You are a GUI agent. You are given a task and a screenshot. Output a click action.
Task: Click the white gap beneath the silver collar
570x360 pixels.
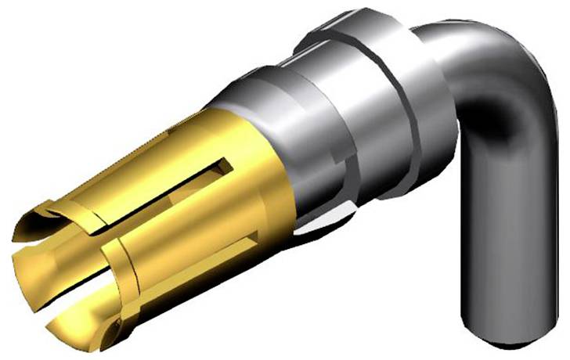pos(321,227)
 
